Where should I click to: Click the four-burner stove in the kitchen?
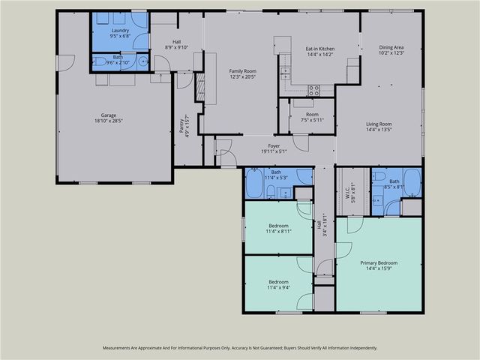(314, 90)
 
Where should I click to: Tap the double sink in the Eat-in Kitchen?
(285, 73)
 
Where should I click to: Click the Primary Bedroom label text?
(378, 263)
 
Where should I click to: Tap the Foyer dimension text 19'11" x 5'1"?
(274, 151)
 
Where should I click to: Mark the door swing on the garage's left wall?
(66, 63)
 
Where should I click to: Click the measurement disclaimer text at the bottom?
(239, 348)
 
